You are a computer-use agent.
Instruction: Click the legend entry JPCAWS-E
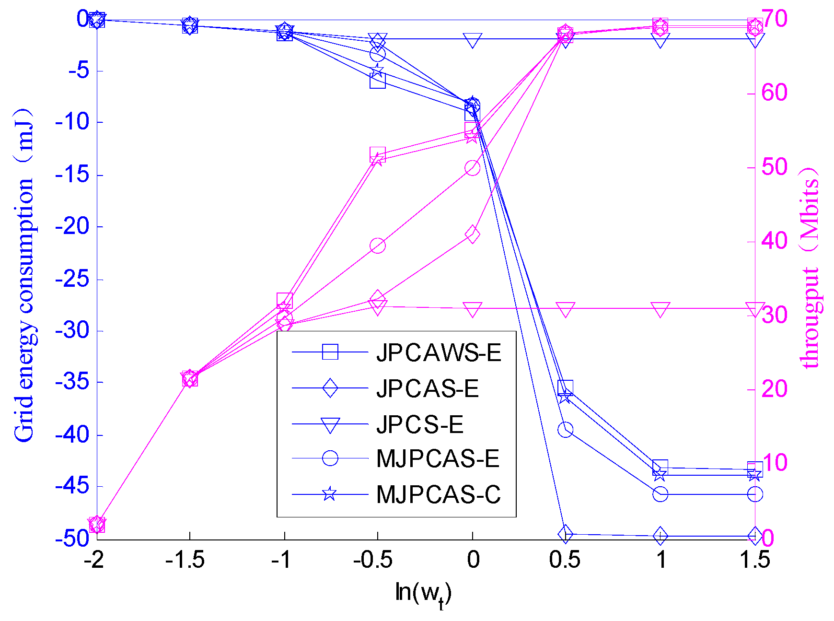pyautogui.click(x=438, y=353)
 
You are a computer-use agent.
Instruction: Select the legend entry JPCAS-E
pyautogui.click(x=427, y=388)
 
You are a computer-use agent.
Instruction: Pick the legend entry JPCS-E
pyautogui.click(x=420, y=424)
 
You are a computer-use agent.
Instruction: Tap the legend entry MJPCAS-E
pyautogui.click(x=437, y=459)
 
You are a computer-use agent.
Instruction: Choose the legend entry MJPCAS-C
pyautogui.click(x=438, y=494)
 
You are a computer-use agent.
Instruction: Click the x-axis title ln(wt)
pyautogui.click(x=423, y=594)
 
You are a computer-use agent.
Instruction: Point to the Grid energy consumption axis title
pyautogui.click(x=24, y=276)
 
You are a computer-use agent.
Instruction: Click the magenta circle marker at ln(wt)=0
pyautogui.click(x=472, y=168)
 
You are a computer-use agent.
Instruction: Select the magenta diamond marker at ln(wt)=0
pyautogui.click(x=472, y=234)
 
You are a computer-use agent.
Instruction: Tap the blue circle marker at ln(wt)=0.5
pyautogui.click(x=565, y=430)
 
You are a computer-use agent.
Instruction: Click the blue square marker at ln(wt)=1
pyautogui.click(x=660, y=467)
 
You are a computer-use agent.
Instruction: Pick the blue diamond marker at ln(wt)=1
pyautogui.click(x=660, y=536)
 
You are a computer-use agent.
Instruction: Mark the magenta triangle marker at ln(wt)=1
pyautogui.click(x=660, y=309)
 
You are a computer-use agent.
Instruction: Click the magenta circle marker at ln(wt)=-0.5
pyautogui.click(x=378, y=246)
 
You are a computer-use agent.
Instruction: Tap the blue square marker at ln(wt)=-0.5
pyautogui.click(x=378, y=81)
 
